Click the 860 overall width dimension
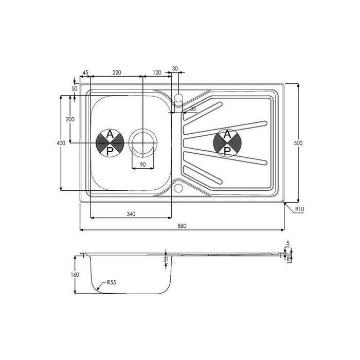click(182, 226)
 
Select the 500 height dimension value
click(298, 143)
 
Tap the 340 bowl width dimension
click(131, 214)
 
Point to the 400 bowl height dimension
click(61, 143)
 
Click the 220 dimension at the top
click(117, 73)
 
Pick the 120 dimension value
click(157, 73)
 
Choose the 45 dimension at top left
click(85, 73)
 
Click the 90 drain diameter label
click(142, 165)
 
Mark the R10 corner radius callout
click(299, 209)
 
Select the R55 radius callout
click(112, 282)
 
